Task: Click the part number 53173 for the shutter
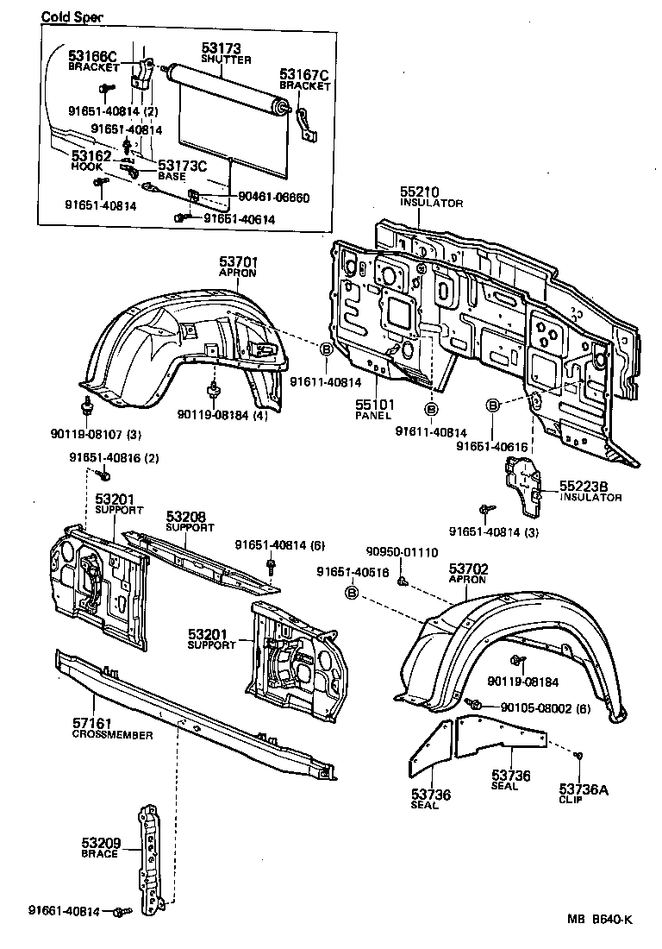pos(221,48)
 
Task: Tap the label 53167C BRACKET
pos(304,79)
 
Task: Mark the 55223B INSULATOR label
pos(590,491)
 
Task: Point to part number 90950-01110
pos(402,552)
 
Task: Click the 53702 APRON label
pos(468,573)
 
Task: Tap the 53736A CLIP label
pos(583,792)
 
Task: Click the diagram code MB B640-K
pos(599,919)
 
